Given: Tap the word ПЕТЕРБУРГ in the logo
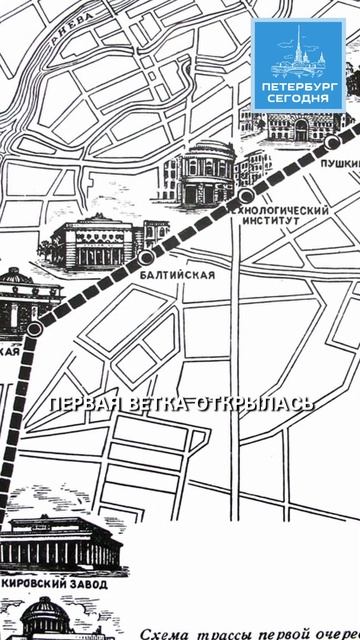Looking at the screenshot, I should coord(299,87).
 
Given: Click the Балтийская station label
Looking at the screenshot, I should coord(179,275).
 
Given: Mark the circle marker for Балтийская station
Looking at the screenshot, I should coord(147,257).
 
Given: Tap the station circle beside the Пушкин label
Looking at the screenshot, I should coord(332,142).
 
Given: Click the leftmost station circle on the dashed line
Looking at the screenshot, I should coord(34,328).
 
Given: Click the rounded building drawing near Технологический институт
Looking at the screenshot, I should coord(204,172).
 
